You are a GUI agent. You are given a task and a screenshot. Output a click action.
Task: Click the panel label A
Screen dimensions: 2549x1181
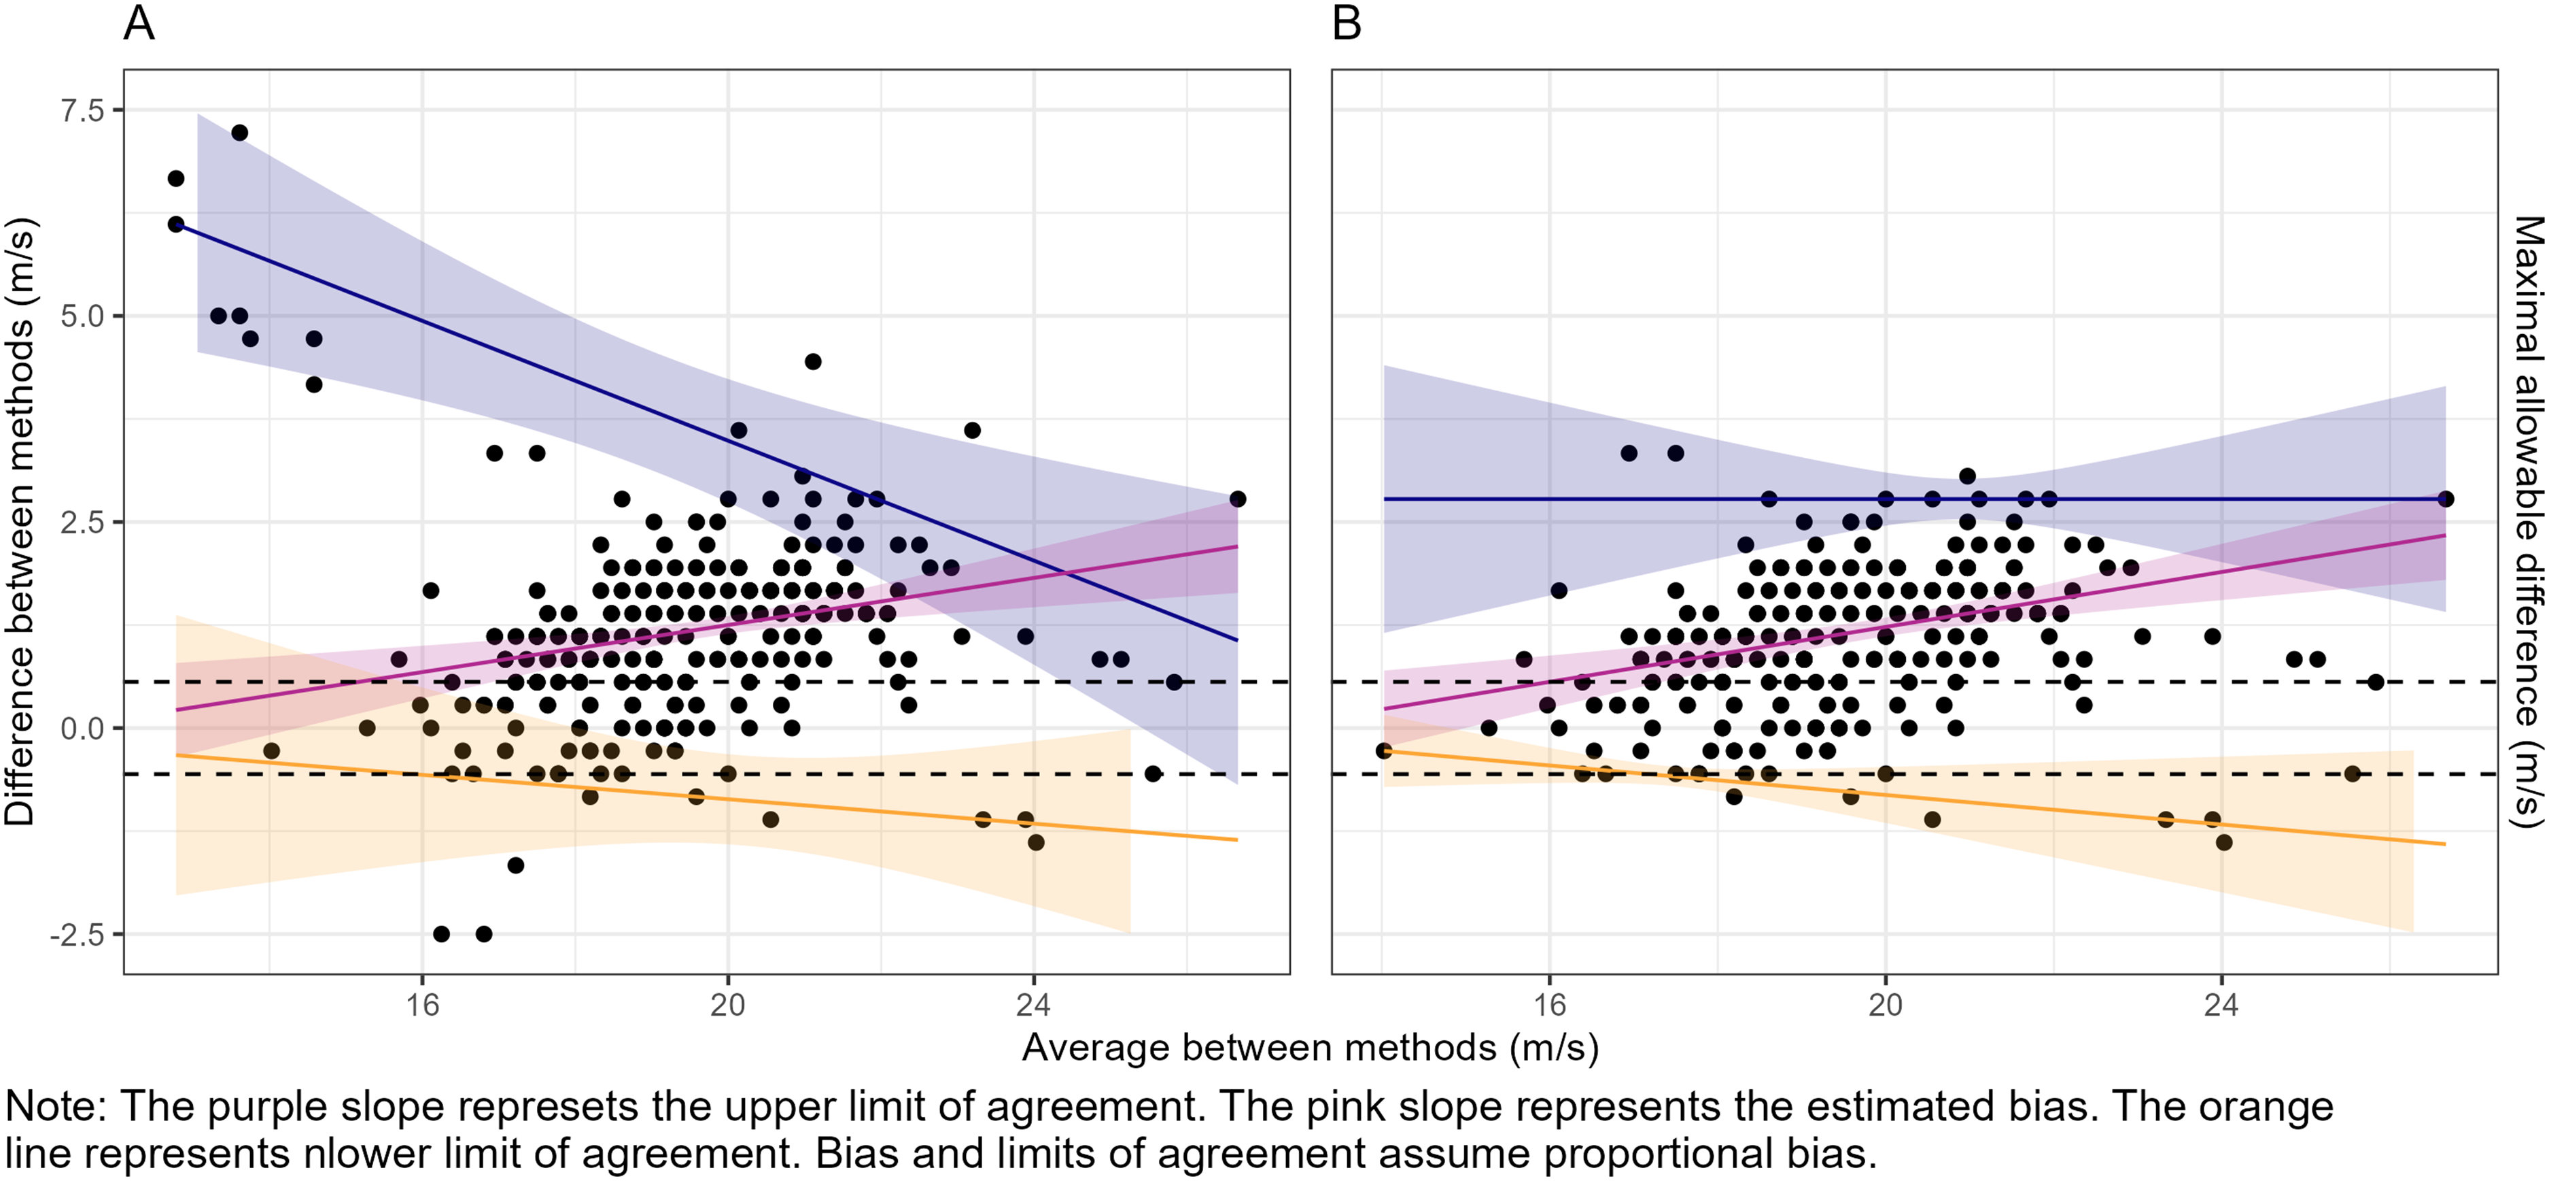click(x=139, y=22)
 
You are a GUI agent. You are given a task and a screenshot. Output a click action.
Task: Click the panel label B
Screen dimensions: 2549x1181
click(x=1347, y=22)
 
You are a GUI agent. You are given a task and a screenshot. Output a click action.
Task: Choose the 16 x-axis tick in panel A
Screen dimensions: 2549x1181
click(x=423, y=1005)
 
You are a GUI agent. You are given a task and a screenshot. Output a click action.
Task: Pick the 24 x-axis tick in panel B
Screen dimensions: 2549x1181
click(x=2221, y=1005)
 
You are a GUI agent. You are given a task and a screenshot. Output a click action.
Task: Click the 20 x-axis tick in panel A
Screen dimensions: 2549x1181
click(x=728, y=1005)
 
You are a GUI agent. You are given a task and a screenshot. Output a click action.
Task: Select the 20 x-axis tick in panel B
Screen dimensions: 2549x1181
click(x=1885, y=1005)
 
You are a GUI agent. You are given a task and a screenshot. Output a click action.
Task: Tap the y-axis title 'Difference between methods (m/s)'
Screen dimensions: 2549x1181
click(x=20, y=522)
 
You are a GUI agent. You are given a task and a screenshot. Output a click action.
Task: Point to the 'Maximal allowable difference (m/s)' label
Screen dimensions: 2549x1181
click(x=2528, y=522)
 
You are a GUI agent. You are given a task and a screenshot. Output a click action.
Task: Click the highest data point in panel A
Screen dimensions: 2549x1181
click(x=239, y=133)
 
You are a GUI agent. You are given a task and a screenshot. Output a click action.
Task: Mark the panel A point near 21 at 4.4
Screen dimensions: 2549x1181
click(x=812, y=361)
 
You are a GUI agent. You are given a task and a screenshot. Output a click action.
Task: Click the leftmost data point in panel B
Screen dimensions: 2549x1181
click(x=1385, y=751)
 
